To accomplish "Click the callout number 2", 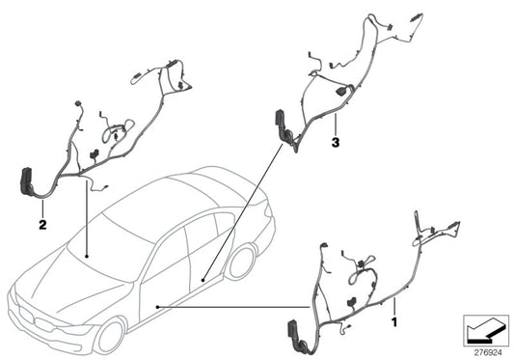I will tap(42, 225).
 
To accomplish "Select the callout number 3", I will tap(334, 142).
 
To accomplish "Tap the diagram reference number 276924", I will tap(483, 350).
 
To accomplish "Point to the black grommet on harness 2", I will tap(26, 183).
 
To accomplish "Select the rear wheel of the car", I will tap(239, 262).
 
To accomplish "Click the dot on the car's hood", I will tap(87, 256).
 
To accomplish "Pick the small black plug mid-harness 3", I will tap(342, 90).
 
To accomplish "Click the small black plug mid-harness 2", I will tap(95, 153).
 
